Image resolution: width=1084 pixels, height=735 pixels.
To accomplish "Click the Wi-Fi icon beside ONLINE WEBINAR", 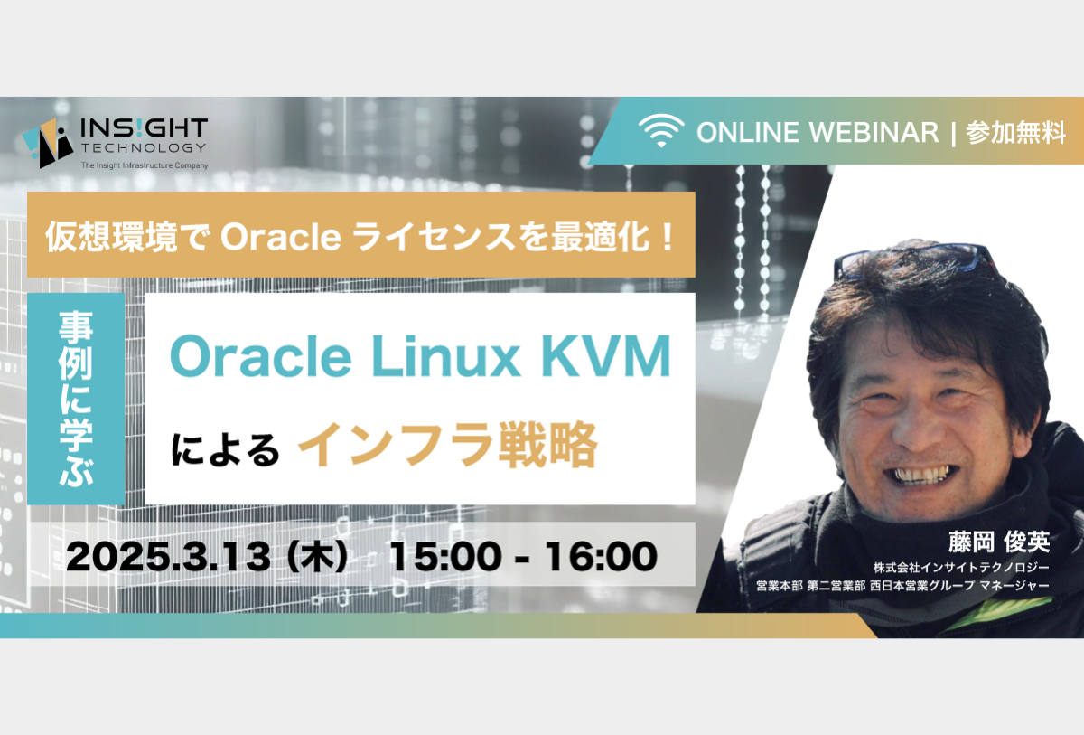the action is [661, 131].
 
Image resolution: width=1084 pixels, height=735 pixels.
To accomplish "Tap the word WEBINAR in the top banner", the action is [874, 132].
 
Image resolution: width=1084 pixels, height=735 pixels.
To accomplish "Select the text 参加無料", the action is [1015, 132].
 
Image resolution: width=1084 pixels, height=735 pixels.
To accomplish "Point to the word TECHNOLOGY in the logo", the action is [144, 147].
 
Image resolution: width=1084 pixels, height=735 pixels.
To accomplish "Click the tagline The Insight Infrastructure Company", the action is [145, 165].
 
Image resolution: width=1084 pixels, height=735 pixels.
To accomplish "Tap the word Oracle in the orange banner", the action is [281, 237].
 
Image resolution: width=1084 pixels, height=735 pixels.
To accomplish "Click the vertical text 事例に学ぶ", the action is [76, 399].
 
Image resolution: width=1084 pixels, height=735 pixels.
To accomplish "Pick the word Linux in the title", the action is [445, 356].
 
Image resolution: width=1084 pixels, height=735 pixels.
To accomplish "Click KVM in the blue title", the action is [606, 356].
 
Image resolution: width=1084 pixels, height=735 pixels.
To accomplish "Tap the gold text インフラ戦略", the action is [448, 445].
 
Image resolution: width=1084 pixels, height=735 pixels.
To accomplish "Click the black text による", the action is [225, 449].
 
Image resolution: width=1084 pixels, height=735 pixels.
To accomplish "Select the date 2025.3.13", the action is [168, 556].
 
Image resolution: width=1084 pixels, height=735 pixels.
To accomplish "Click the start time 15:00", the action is [445, 556].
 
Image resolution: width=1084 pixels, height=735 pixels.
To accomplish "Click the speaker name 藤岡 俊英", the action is [999, 542].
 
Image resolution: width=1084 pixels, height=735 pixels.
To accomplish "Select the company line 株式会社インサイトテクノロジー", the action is [961, 568].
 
